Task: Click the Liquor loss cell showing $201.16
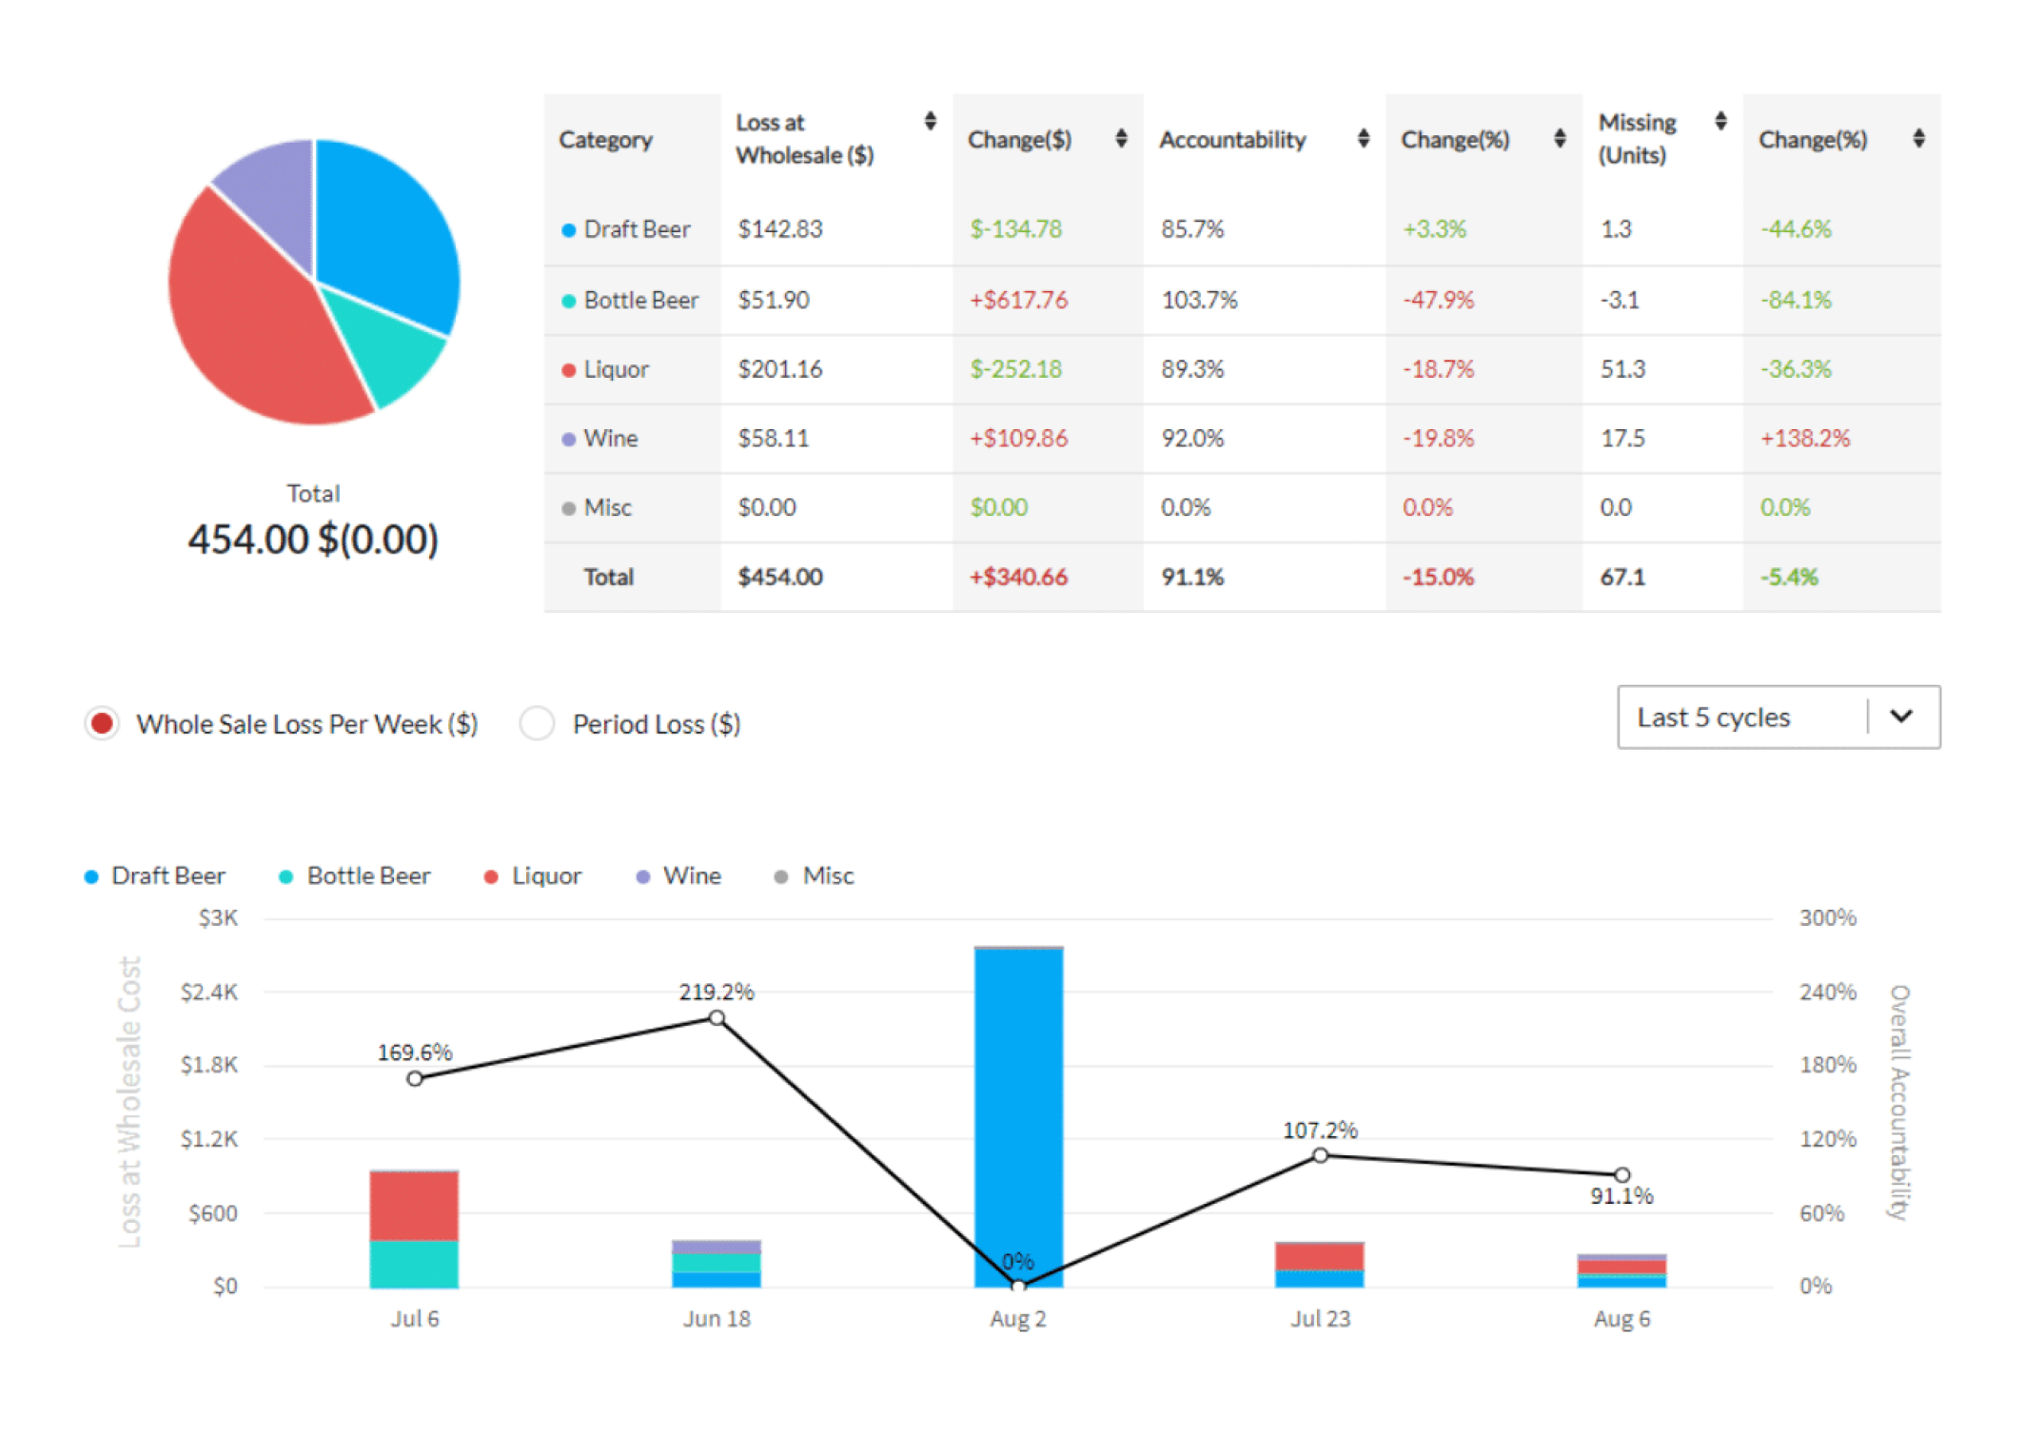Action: pos(779,369)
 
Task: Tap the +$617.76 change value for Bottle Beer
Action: pos(1018,300)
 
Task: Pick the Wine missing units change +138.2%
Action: pos(1804,439)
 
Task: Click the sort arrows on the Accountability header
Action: pos(1363,139)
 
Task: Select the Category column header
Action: pos(605,140)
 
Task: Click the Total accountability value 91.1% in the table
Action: pos(1191,577)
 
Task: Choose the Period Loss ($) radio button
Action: pos(537,723)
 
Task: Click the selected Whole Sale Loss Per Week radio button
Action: pos(102,723)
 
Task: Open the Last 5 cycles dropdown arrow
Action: pos(1900,717)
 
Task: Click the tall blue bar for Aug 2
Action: pos(1018,1094)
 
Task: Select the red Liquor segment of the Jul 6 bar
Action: pos(414,1205)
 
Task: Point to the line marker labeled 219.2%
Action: pos(717,1018)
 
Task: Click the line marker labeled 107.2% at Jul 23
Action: pos(1320,1155)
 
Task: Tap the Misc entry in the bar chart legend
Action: pos(826,875)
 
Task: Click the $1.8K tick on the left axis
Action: pos(209,1065)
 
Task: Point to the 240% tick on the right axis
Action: pos(1826,992)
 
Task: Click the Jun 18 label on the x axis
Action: pos(717,1319)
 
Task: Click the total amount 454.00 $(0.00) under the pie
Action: pos(313,540)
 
